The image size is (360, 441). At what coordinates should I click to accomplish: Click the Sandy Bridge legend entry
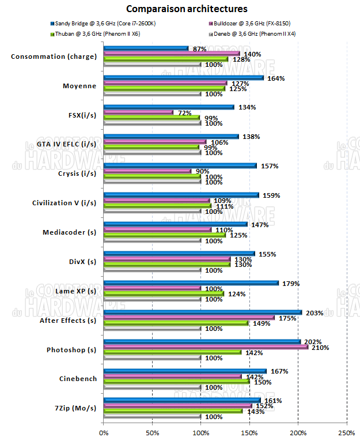[x=104, y=24]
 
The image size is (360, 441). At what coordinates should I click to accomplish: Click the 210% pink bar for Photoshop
[x=206, y=347]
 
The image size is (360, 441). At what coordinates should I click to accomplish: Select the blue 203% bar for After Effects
[x=202, y=312]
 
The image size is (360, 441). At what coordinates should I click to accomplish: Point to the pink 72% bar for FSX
[x=138, y=112]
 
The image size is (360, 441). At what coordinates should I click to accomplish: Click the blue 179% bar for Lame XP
[x=191, y=283]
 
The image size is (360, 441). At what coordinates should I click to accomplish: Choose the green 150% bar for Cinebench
[x=176, y=382]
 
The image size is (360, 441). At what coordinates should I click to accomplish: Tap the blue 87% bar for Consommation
[x=146, y=48]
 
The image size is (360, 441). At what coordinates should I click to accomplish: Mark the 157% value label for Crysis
[x=271, y=166]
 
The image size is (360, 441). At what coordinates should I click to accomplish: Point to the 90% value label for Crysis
[x=202, y=171]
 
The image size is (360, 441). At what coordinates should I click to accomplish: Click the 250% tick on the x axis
[x=347, y=432]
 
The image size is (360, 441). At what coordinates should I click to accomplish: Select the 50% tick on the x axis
[x=152, y=432]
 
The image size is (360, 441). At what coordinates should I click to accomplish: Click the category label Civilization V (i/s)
[x=64, y=203]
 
